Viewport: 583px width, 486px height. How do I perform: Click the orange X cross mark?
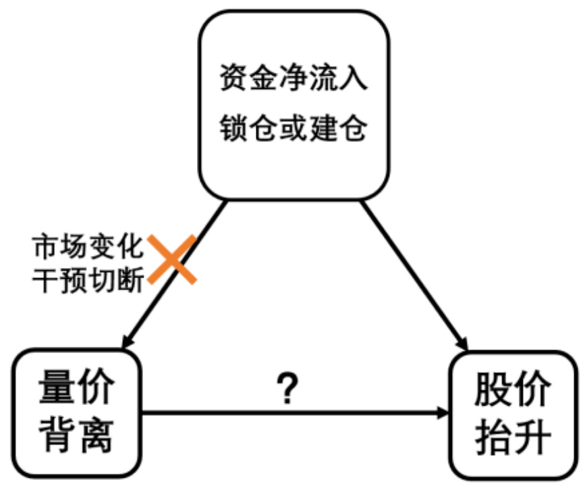172,259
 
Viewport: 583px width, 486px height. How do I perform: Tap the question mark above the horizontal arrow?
288,388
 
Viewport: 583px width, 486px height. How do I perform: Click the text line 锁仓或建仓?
293,126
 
